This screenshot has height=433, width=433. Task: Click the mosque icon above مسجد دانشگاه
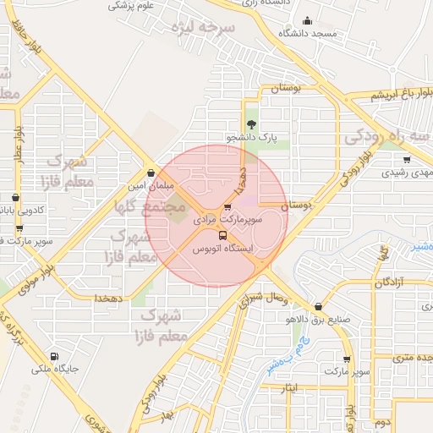click(x=306, y=21)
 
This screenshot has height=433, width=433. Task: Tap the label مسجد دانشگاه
click(x=312, y=33)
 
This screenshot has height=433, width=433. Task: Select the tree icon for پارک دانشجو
click(x=250, y=124)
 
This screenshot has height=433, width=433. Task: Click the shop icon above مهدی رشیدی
click(x=407, y=159)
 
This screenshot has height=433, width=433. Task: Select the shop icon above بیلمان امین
click(x=151, y=173)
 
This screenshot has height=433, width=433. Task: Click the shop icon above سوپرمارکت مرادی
click(x=227, y=207)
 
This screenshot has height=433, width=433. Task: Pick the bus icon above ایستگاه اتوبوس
click(x=222, y=236)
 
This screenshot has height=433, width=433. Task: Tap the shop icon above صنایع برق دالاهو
click(x=318, y=307)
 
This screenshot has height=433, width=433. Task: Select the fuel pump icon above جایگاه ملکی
click(x=55, y=356)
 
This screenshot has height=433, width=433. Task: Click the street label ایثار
click(x=289, y=389)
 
